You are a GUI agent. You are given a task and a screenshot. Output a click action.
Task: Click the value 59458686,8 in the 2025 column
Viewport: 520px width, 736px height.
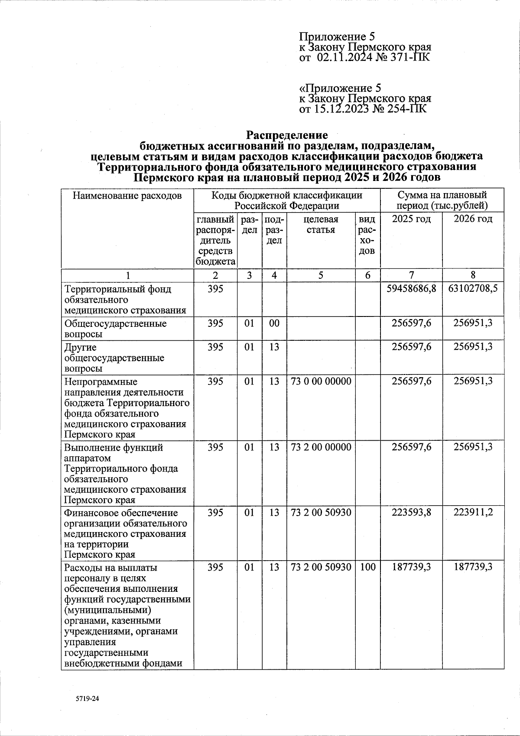tap(411, 289)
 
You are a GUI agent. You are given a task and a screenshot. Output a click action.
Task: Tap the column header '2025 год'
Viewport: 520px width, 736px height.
tap(411, 219)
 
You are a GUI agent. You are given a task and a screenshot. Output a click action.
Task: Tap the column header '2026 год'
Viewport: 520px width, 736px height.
tap(473, 219)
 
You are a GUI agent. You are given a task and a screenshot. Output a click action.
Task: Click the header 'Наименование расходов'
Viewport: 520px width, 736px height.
tap(127, 196)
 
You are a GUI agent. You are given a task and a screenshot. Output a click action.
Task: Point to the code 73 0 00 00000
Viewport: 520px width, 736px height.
tap(321, 381)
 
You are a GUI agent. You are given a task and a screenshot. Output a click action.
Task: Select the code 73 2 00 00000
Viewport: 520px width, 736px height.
tap(321, 447)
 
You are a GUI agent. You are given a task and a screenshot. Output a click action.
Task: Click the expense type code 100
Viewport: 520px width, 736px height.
tap(367, 567)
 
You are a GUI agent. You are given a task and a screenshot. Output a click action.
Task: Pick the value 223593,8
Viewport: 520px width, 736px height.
tap(411, 513)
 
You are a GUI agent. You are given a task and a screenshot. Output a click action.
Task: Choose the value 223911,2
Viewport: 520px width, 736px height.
tap(473, 513)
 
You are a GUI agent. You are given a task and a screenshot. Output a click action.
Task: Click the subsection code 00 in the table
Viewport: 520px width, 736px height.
tap(274, 323)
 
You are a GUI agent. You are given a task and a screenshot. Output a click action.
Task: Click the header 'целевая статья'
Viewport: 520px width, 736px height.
tap(321, 224)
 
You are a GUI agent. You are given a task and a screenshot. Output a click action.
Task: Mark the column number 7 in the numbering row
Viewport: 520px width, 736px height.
tap(411, 275)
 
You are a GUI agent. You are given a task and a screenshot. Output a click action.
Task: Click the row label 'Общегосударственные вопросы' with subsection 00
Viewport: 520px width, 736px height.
tap(115, 329)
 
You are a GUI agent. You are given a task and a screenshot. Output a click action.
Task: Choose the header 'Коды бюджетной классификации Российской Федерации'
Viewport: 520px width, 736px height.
tap(287, 200)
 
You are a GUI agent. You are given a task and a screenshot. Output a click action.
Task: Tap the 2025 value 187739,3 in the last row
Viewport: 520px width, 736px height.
tap(411, 567)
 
